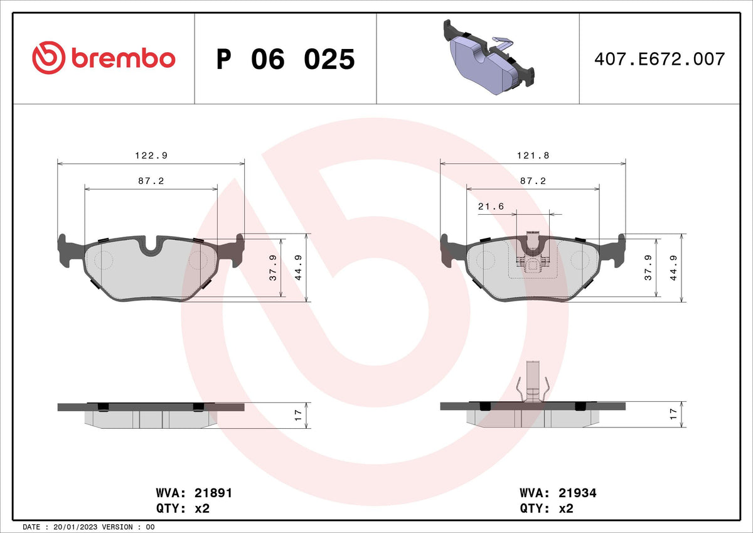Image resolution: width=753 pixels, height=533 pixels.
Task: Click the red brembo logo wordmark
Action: click(x=104, y=58)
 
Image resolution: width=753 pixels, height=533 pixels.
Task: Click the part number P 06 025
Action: click(x=286, y=59)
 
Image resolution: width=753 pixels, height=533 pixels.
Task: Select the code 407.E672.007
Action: click(x=660, y=59)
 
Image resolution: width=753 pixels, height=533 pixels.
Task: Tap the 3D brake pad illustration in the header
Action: click(x=489, y=57)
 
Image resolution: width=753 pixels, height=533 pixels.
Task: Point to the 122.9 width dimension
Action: click(x=151, y=155)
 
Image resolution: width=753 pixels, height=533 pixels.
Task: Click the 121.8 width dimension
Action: click(x=533, y=155)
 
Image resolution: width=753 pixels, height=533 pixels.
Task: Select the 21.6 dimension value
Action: click(x=491, y=206)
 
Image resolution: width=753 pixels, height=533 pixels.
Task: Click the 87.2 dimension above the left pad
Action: click(x=151, y=181)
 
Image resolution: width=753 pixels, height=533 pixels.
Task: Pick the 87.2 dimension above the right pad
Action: click(x=533, y=181)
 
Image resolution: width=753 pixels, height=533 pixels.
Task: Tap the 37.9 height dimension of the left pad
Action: click(x=273, y=267)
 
